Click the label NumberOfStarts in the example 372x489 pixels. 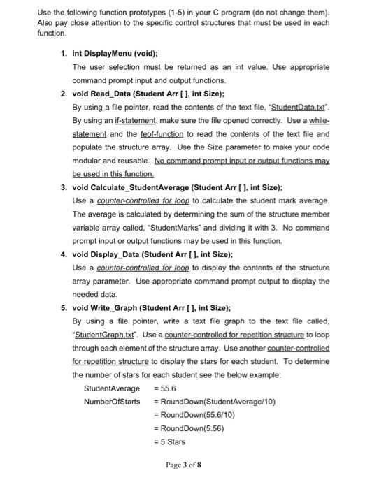tap(112, 402)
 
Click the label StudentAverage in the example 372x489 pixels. tap(111, 388)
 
